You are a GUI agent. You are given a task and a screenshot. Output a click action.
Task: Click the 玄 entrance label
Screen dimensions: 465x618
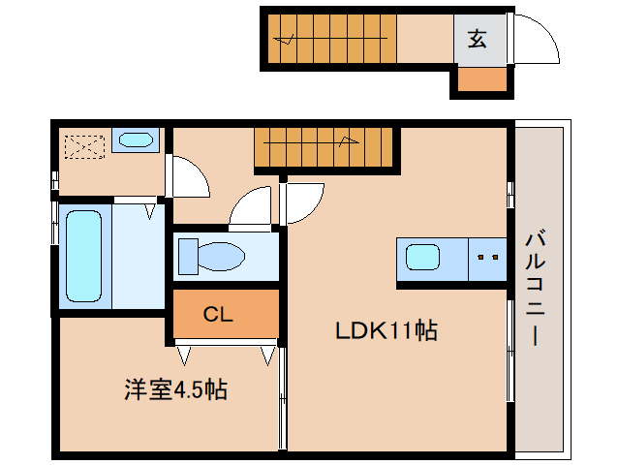477,39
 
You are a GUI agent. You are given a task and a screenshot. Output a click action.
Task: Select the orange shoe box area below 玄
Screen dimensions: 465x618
481,80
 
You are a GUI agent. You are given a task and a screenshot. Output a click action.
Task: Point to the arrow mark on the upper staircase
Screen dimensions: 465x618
287,40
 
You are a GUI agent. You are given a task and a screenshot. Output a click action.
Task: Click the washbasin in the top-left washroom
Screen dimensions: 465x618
133,141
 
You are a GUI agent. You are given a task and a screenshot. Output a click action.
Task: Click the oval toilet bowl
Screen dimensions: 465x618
223,258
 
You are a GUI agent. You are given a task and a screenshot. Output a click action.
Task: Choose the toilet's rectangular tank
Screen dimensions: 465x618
186,256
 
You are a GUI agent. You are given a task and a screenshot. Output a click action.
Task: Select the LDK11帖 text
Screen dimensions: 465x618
386,331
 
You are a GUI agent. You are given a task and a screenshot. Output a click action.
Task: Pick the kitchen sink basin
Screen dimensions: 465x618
422,258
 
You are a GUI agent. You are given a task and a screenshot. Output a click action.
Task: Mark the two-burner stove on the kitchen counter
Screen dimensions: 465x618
488,258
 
